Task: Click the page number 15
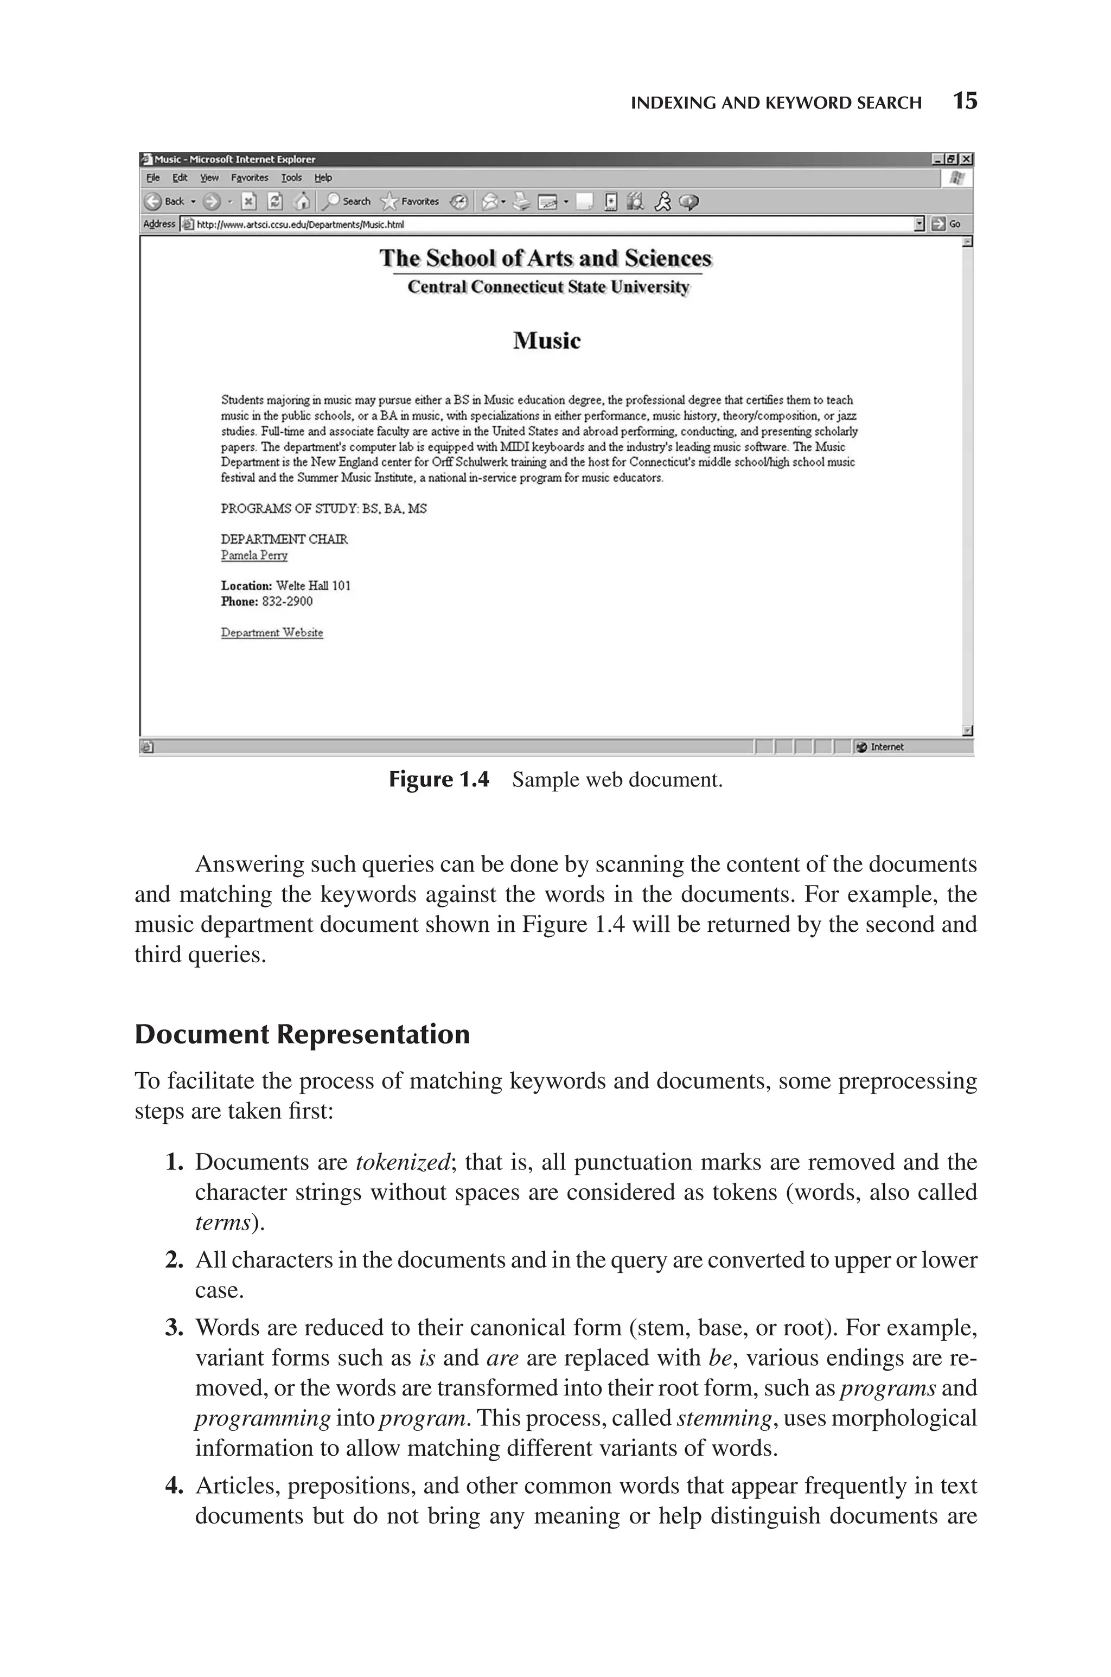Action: (965, 101)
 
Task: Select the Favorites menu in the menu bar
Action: (250, 178)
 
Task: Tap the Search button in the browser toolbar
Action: (347, 202)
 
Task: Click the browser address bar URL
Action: (299, 225)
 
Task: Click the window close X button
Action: (967, 159)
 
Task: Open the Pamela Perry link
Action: (254, 555)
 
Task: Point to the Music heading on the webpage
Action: (546, 341)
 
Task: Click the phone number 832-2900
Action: (287, 601)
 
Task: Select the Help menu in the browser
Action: (323, 178)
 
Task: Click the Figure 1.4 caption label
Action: (438, 780)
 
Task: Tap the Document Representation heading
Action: (302, 1035)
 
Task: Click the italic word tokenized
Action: (402, 1162)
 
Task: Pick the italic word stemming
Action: (724, 1418)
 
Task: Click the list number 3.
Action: (174, 1327)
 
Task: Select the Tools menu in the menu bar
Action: (291, 178)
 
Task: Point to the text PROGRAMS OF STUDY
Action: (289, 509)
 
